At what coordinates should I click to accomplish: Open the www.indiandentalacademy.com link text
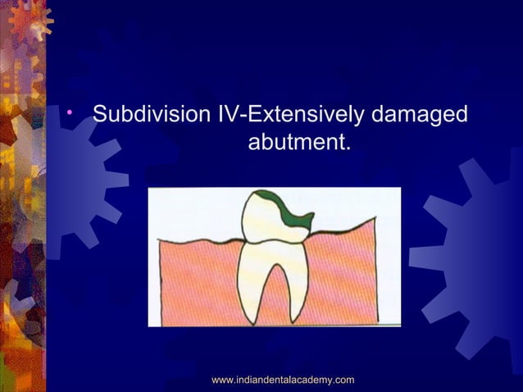283,379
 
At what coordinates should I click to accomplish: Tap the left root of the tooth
250,279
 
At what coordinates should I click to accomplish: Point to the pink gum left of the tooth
197,279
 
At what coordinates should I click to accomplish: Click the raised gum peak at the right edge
374,219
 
